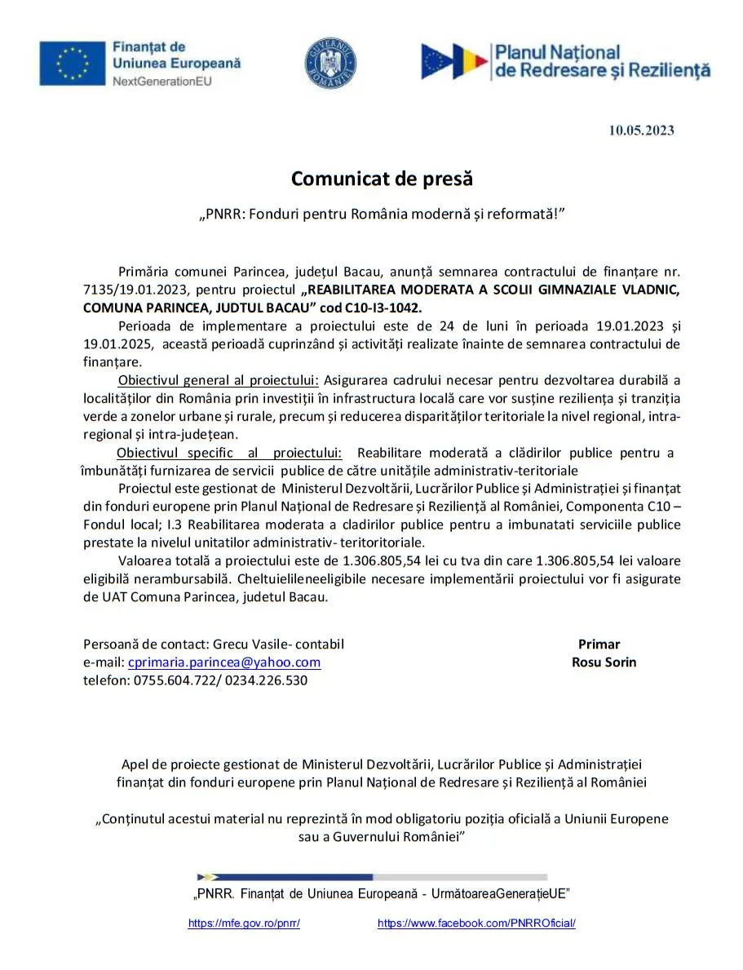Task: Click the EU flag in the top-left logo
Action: pyautogui.click(x=73, y=63)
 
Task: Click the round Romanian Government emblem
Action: pyautogui.click(x=330, y=64)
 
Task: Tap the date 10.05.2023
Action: pyautogui.click(x=641, y=130)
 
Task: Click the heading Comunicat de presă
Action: pyautogui.click(x=383, y=178)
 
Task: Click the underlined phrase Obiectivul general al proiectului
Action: pyautogui.click(x=219, y=380)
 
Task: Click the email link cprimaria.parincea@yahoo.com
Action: pyautogui.click(x=224, y=662)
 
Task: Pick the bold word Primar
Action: pyautogui.click(x=599, y=644)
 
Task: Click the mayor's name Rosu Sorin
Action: pyautogui.click(x=604, y=662)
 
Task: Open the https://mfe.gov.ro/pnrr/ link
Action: pyautogui.click(x=244, y=923)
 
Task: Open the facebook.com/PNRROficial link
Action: pyautogui.click(x=476, y=923)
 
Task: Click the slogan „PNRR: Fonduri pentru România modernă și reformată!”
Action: pyautogui.click(x=383, y=215)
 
